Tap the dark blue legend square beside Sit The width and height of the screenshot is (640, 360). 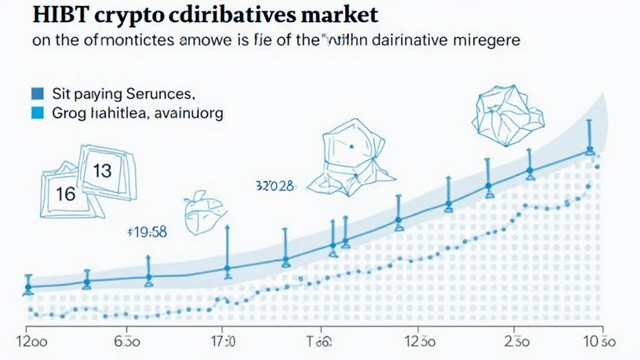tap(37, 94)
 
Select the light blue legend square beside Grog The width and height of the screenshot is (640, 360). tap(37, 113)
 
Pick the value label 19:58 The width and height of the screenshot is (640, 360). tap(146, 232)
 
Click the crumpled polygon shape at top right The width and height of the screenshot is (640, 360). tap(503, 112)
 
